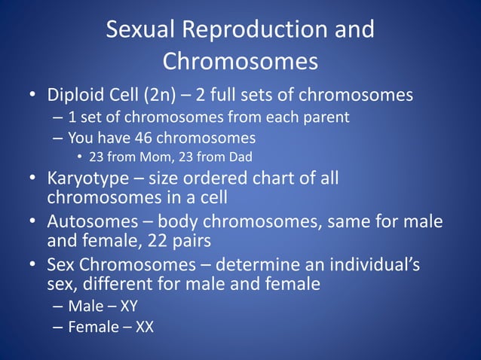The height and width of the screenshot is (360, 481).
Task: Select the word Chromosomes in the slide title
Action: click(x=240, y=61)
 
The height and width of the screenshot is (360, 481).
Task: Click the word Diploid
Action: click(x=77, y=96)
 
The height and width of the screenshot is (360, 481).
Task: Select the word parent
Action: click(x=328, y=117)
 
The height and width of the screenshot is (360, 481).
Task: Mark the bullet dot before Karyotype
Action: click(x=32, y=180)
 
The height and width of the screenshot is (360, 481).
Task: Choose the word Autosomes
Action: click(x=90, y=224)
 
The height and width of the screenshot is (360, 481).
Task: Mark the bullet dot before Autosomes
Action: click(x=32, y=224)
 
